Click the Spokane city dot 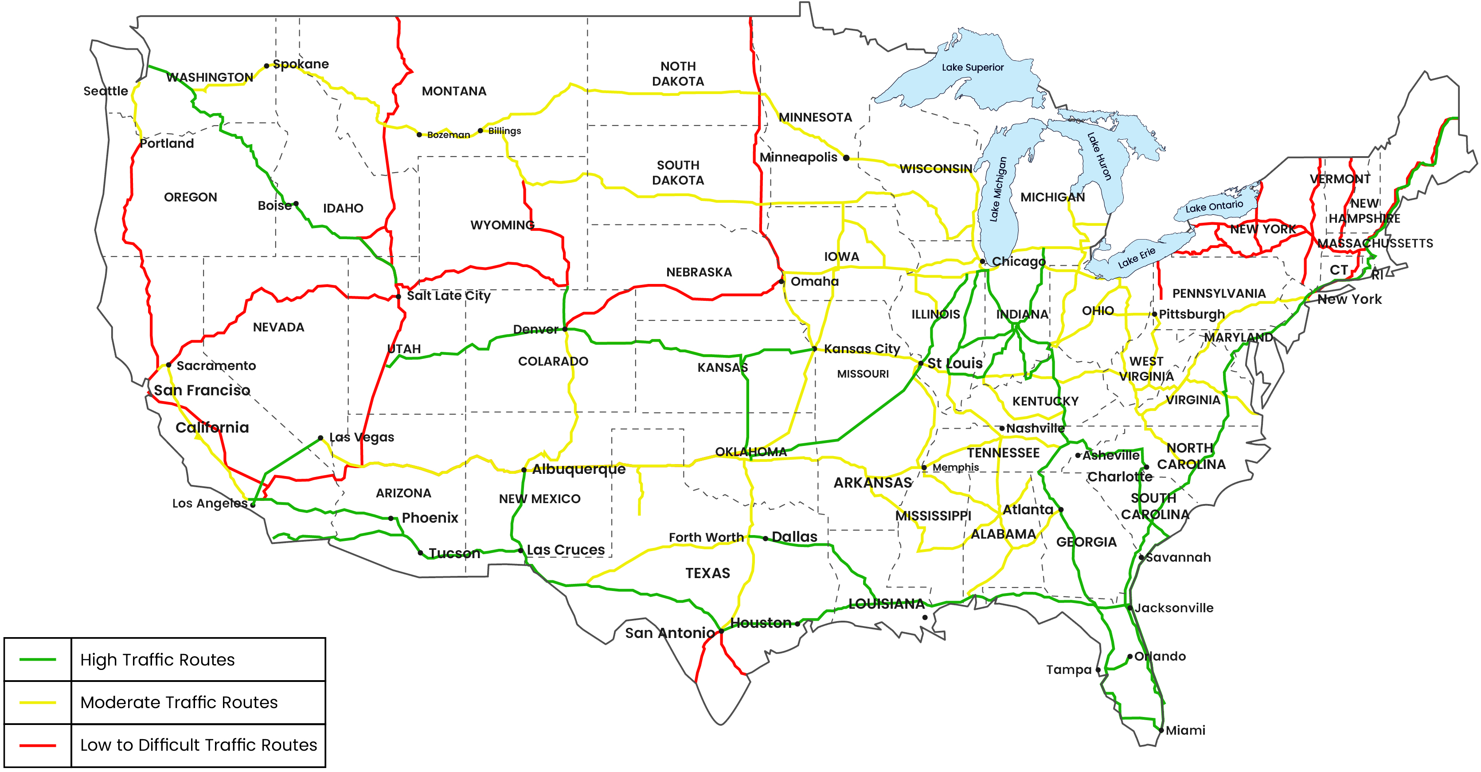tap(266, 66)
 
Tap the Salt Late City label tap(449, 295)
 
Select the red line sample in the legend tap(38, 745)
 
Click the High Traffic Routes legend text tap(157, 660)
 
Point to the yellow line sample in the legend tap(38, 702)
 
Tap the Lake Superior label tap(972, 67)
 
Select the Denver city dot tap(565, 329)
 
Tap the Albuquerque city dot tap(524, 470)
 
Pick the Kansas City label tap(861, 349)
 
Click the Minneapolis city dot tap(846, 158)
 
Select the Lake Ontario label tap(1214, 206)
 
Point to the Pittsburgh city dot tap(1154, 315)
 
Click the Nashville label tap(1035, 428)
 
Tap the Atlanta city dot tap(1061, 510)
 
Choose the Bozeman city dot tap(419, 134)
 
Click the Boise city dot tap(296, 204)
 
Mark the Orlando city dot tap(1130, 656)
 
